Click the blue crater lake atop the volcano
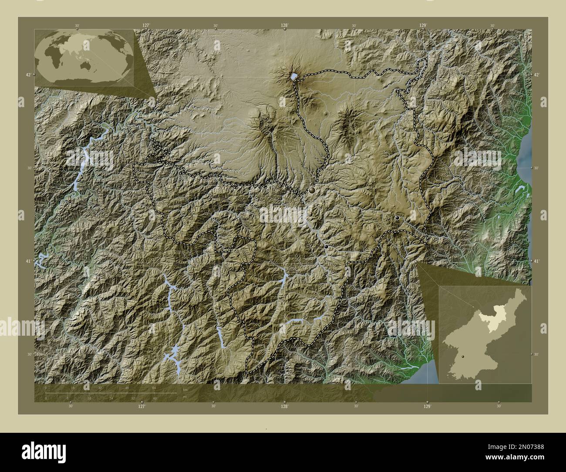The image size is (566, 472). click(x=294, y=77)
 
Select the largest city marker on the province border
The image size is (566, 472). click(x=312, y=191)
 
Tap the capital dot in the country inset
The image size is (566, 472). click(x=463, y=356)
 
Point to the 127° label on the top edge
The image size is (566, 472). click(x=146, y=26)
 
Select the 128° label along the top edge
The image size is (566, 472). click(x=285, y=26)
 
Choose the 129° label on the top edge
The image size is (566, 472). click(x=423, y=26)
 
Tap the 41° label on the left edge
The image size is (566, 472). click(x=28, y=261)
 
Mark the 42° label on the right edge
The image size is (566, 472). click(x=537, y=75)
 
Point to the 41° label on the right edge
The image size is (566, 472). click(x=537, y=261)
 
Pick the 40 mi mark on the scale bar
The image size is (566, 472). click(x=155, y=398)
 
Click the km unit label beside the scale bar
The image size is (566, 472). click(x=185, y=390)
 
